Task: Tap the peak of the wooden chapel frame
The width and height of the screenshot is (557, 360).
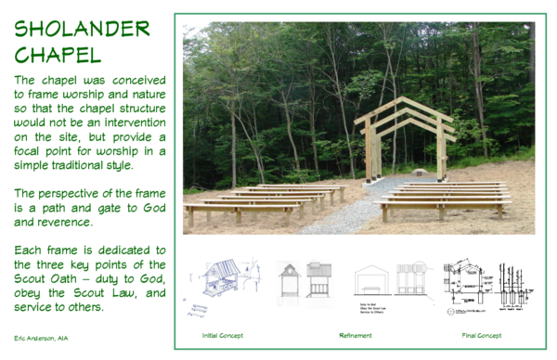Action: click(406, 99)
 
